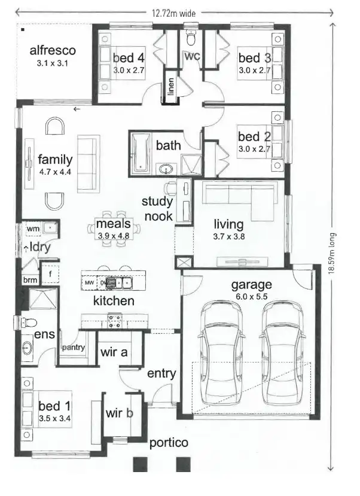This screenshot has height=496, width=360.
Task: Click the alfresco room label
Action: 53,50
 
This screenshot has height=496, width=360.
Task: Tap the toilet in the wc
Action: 191,39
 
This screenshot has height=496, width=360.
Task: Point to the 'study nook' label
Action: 157,209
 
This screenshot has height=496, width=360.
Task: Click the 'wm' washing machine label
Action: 32,228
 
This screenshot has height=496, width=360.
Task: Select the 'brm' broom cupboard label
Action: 29,280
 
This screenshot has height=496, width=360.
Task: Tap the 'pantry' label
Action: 74,348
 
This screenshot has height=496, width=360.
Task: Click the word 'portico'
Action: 169,443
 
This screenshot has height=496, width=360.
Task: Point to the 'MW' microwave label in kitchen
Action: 89,282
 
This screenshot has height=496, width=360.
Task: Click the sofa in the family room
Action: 88,163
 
